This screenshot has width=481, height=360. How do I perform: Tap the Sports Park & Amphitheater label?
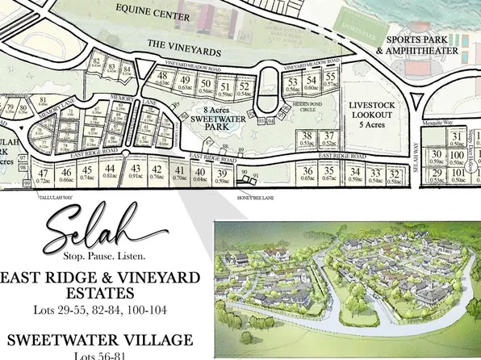coord(421,44)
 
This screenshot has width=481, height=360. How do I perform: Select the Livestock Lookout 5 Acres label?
coord(370,115)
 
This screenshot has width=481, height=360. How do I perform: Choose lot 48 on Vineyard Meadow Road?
coord(163,79)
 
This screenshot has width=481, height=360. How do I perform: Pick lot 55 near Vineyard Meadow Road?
coord(329,81)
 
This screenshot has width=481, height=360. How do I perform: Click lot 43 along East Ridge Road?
coord(136,171)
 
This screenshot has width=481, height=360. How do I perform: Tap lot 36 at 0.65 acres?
coord(307,173)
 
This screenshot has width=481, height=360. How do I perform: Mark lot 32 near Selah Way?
coord(395,177)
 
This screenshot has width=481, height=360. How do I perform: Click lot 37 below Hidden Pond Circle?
coord(328,139)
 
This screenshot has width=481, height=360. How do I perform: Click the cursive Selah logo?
coord(103,230)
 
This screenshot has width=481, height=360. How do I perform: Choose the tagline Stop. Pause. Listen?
coord(104,257)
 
